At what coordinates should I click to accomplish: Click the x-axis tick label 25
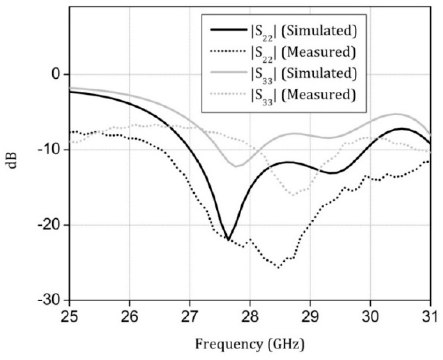click(69, 317)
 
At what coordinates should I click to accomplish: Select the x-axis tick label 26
click(130, 317)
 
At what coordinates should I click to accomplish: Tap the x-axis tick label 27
click(190, 317)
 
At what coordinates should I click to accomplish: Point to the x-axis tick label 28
click(250, 317)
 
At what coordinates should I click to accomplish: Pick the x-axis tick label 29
click(310, 317)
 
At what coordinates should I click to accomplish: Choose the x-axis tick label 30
click(370, 317)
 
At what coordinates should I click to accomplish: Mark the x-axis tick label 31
click(430, 317)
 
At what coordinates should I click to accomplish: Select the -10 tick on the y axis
click(51, 150)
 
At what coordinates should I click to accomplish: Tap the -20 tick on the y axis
click(51, 225)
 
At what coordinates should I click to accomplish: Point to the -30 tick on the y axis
click(51, 301)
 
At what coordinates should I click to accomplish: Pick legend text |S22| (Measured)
click(303, 53)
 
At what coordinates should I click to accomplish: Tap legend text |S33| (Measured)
click(303, 95)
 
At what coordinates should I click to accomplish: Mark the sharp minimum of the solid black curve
click(228, 239)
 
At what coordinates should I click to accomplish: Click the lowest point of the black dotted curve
click(278, 268)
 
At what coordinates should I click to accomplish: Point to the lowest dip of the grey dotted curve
click(293, 195)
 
